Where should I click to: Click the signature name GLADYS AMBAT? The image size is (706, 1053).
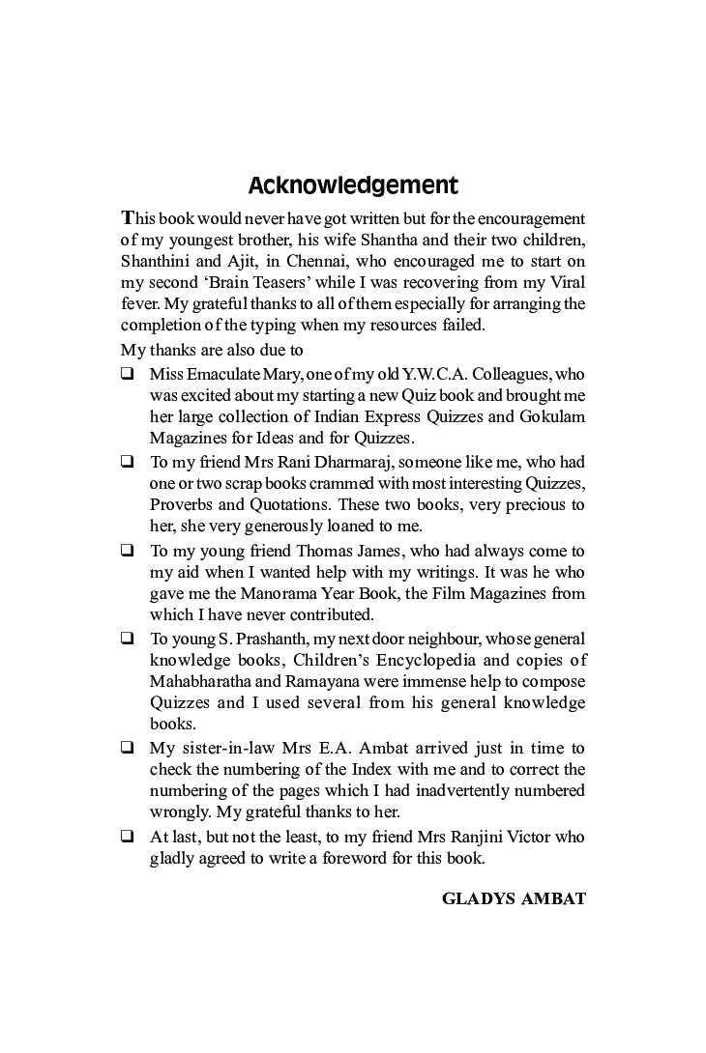pyautogui.click(x=514, y=898)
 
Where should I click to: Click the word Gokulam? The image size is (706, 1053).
pyautogui.click(x=548, y=416)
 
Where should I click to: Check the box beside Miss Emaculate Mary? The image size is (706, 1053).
pyautogui.click(x=127, y=374)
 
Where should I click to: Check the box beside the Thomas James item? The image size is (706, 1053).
pyautogui.click(x=127, y=551)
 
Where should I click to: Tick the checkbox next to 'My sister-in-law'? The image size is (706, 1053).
pyautogui.click(x=127, y=748)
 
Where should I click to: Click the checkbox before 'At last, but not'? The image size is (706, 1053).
pyautogui.click(x=127, y=837)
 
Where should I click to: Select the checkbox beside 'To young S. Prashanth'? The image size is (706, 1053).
pyautogui.click(x=127, y=639)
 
